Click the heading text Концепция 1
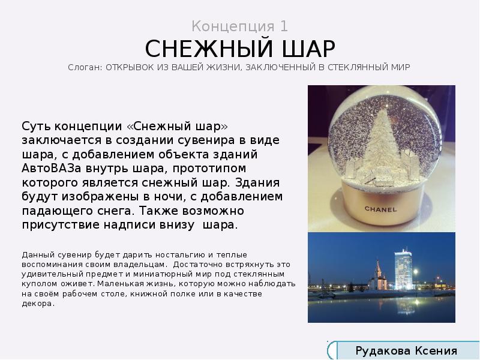[x=240, y=26]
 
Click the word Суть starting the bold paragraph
[x=35, y=125]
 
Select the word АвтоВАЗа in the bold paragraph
[x=49, y=167]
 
